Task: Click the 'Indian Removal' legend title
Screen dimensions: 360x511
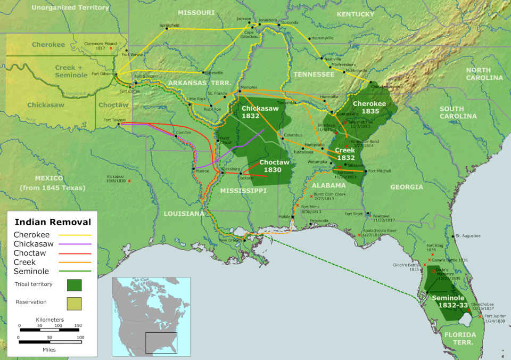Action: click(x=52, y=222)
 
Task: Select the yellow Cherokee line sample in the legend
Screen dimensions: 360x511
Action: click(x=78, y=235)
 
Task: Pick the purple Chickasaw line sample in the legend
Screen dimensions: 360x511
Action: click(x=78, y=244)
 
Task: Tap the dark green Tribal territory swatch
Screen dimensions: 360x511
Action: click(x=75, y=285)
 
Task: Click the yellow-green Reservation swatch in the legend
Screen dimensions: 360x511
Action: click(x=75, y=303)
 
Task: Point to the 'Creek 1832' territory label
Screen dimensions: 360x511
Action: click(x=344, y=154)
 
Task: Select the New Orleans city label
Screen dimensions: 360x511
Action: click(x=230, y=240)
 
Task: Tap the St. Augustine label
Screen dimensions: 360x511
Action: click(x=468, y=235)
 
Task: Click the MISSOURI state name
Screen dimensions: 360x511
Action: click(x=196, y=12)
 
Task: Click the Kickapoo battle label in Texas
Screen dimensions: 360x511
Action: click(x=115, y=178)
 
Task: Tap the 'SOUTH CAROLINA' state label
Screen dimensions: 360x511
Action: click(x=458, y=112)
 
